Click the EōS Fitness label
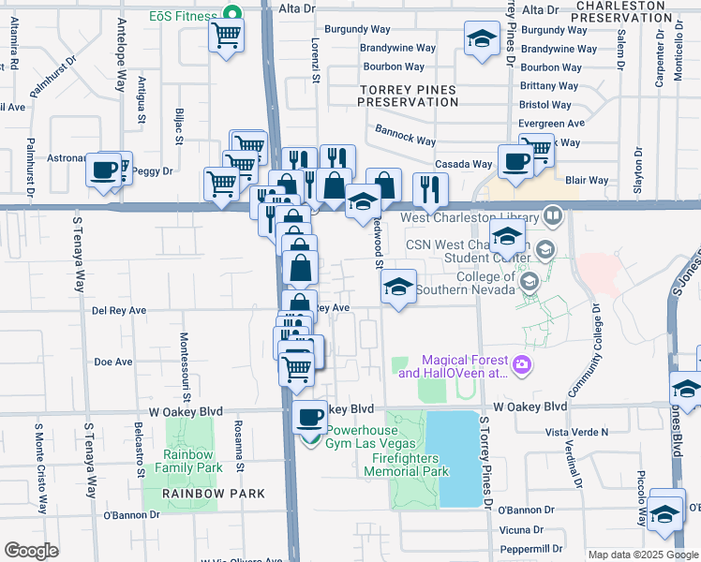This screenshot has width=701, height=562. coord(182,16)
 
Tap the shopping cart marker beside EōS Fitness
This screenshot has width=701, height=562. coord(227,37)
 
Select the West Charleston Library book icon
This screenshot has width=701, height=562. coord(554,217)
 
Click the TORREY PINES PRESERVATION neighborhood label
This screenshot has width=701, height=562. coord(408,95)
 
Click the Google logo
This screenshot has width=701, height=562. coord(31,551)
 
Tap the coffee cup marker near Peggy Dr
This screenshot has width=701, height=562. coord(103,170)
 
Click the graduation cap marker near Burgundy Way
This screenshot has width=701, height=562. coord(482,39)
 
